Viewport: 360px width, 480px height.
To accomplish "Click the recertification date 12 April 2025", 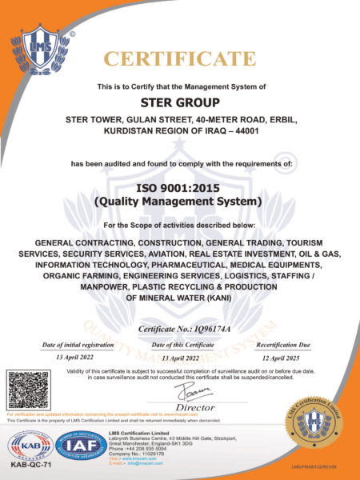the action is click(282, 358).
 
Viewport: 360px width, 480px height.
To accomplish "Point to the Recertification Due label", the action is click(282, 344).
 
